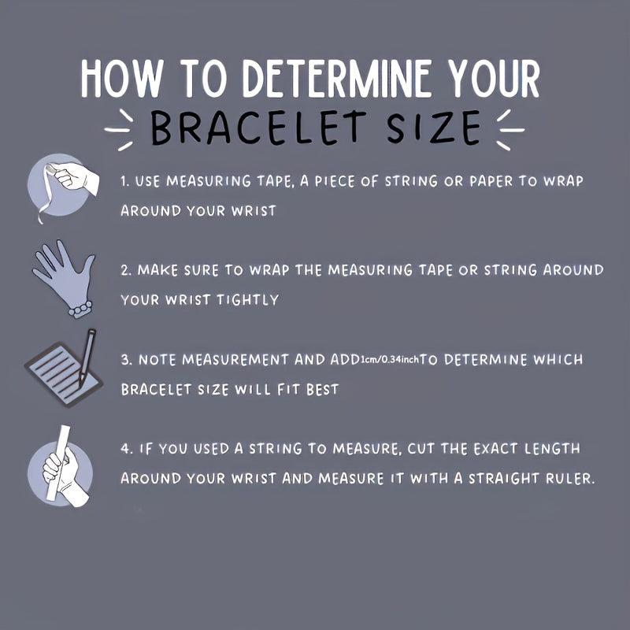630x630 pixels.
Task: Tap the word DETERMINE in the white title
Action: click(337, 78)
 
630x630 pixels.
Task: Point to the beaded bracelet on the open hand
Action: click(80, 309)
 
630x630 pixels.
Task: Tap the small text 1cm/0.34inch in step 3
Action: click(390, 359)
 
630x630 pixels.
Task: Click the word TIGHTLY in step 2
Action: click(248, 300)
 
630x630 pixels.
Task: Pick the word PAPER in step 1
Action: click(491, 181)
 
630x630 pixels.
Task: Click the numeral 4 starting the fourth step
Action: click(125, 448)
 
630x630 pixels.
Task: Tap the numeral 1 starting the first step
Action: click(124, 181)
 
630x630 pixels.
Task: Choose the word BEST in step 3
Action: click(322, 389)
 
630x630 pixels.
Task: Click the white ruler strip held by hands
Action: click(58, 462)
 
